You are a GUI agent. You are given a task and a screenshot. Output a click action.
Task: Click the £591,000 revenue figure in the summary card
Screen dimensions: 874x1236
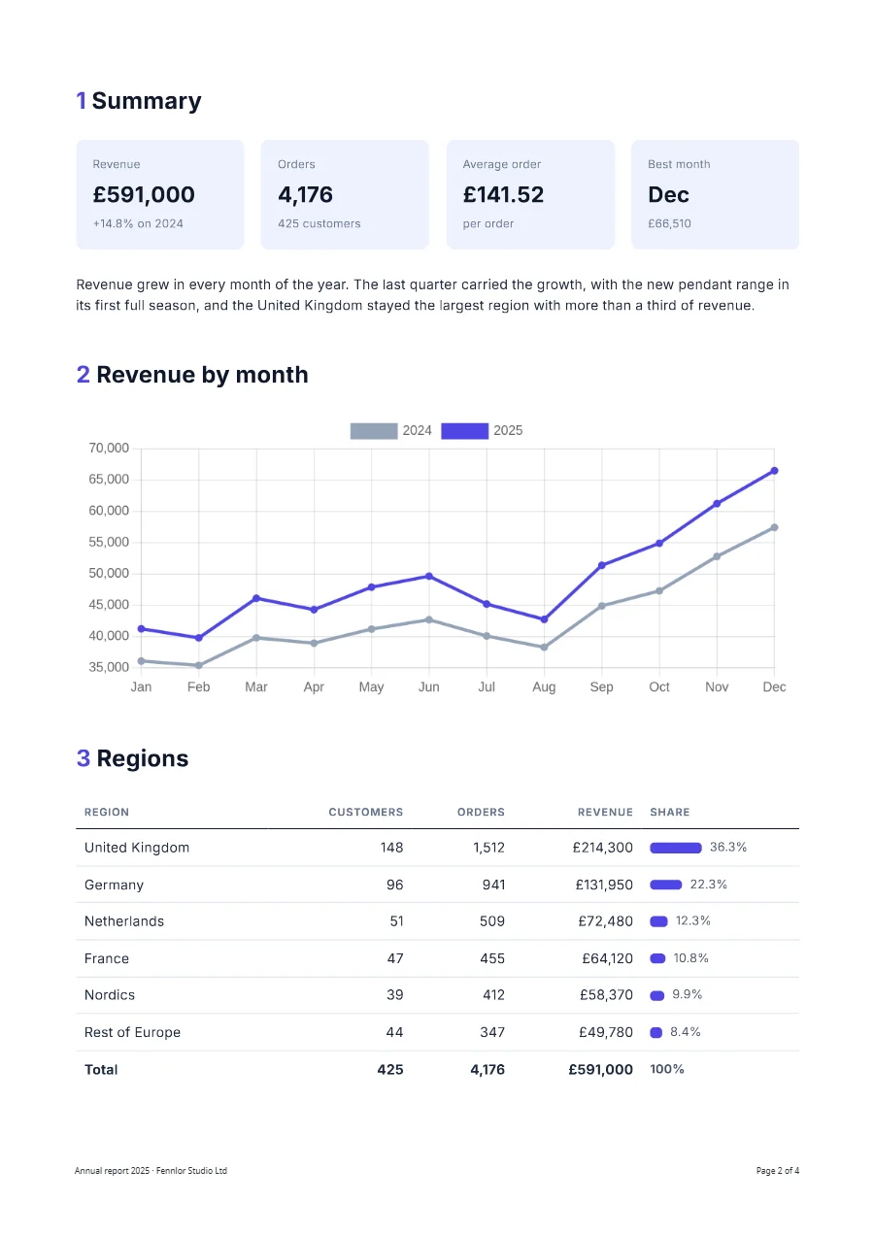pos(144,195)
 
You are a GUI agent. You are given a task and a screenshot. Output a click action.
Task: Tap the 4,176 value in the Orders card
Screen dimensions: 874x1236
pos(305,195)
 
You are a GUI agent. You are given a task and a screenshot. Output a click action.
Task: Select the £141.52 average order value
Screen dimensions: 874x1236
pos(503,195)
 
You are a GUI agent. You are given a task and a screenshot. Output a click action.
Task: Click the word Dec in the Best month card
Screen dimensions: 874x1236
pos(668,195)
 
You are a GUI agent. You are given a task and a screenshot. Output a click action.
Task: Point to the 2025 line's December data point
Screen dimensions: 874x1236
pos(774,471)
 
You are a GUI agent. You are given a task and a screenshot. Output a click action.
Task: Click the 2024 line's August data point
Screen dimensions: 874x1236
pos(544,648)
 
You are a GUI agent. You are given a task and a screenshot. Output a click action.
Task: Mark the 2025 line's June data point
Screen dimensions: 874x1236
pos(428,577)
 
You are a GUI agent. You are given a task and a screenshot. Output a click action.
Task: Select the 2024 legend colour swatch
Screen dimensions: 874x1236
pos(374,431)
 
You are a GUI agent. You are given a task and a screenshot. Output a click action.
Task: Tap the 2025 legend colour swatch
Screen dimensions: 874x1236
pos(464,431)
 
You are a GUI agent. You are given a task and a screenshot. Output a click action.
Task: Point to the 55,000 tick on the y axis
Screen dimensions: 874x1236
pos(109,543)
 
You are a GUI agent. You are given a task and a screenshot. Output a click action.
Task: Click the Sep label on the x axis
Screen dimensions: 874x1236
pos(601,687)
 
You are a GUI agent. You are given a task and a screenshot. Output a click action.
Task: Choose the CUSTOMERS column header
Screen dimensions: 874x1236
pos(366,813)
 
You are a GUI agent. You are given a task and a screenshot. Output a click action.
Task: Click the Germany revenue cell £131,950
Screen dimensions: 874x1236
pos(604,885)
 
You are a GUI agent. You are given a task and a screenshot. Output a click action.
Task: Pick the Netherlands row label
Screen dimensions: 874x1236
pos(124,921)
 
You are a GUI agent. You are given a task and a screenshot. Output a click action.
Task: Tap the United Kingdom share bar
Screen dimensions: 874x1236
pos(675,848)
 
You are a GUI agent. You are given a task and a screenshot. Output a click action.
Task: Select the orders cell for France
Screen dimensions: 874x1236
pos(492,958)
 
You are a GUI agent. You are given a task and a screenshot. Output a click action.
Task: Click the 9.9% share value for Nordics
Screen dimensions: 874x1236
pos(687,995)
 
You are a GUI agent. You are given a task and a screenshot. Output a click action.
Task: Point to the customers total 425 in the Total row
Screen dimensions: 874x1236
pos(390,1070)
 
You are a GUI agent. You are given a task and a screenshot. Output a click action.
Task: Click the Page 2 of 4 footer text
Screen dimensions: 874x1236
pos(778,1171)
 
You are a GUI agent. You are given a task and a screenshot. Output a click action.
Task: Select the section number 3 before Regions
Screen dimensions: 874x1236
pos(84,758)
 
